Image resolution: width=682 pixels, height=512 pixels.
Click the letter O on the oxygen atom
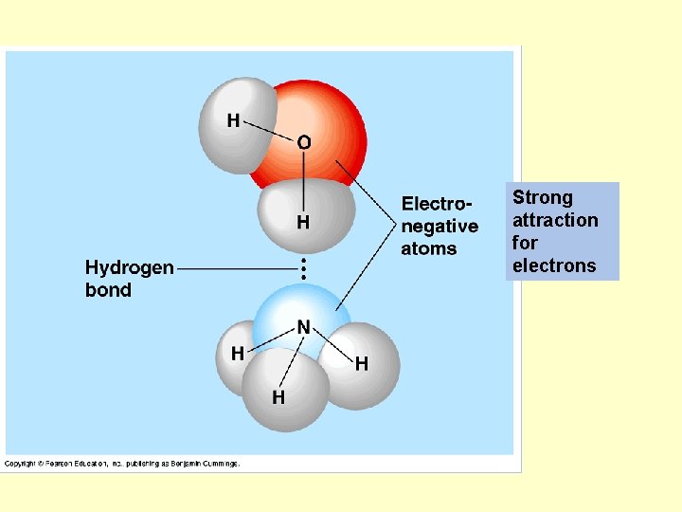tap(303, 142)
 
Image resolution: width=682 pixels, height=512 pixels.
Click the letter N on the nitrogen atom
tap(303, 326)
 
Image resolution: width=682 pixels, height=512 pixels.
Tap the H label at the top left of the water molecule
tap(233, 120)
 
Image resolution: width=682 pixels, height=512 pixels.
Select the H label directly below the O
tap(303, 223)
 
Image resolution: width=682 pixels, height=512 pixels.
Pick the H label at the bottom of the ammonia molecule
tap(278, 396)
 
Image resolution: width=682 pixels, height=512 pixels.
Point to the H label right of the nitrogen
tap(361, 363)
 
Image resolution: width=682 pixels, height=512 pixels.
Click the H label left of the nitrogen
tap(238, 352)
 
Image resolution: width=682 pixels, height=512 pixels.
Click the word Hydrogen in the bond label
tap(130, 267)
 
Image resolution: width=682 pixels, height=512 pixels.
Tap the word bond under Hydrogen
tap(108, 290)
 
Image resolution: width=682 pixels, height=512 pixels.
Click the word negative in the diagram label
tap(440, 227)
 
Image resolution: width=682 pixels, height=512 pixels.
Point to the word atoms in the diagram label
tap(428, 248)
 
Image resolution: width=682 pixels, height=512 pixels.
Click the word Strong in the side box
tap(543, 197)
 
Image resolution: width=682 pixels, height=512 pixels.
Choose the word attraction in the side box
tap(555, 220)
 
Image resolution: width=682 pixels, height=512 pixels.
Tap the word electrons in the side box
tap(554, 265)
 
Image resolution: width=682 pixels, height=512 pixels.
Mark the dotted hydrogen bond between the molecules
tap(303, 267)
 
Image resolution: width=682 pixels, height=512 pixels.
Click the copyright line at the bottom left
tap(122, 464)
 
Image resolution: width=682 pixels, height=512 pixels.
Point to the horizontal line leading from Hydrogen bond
tap(237, 268)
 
